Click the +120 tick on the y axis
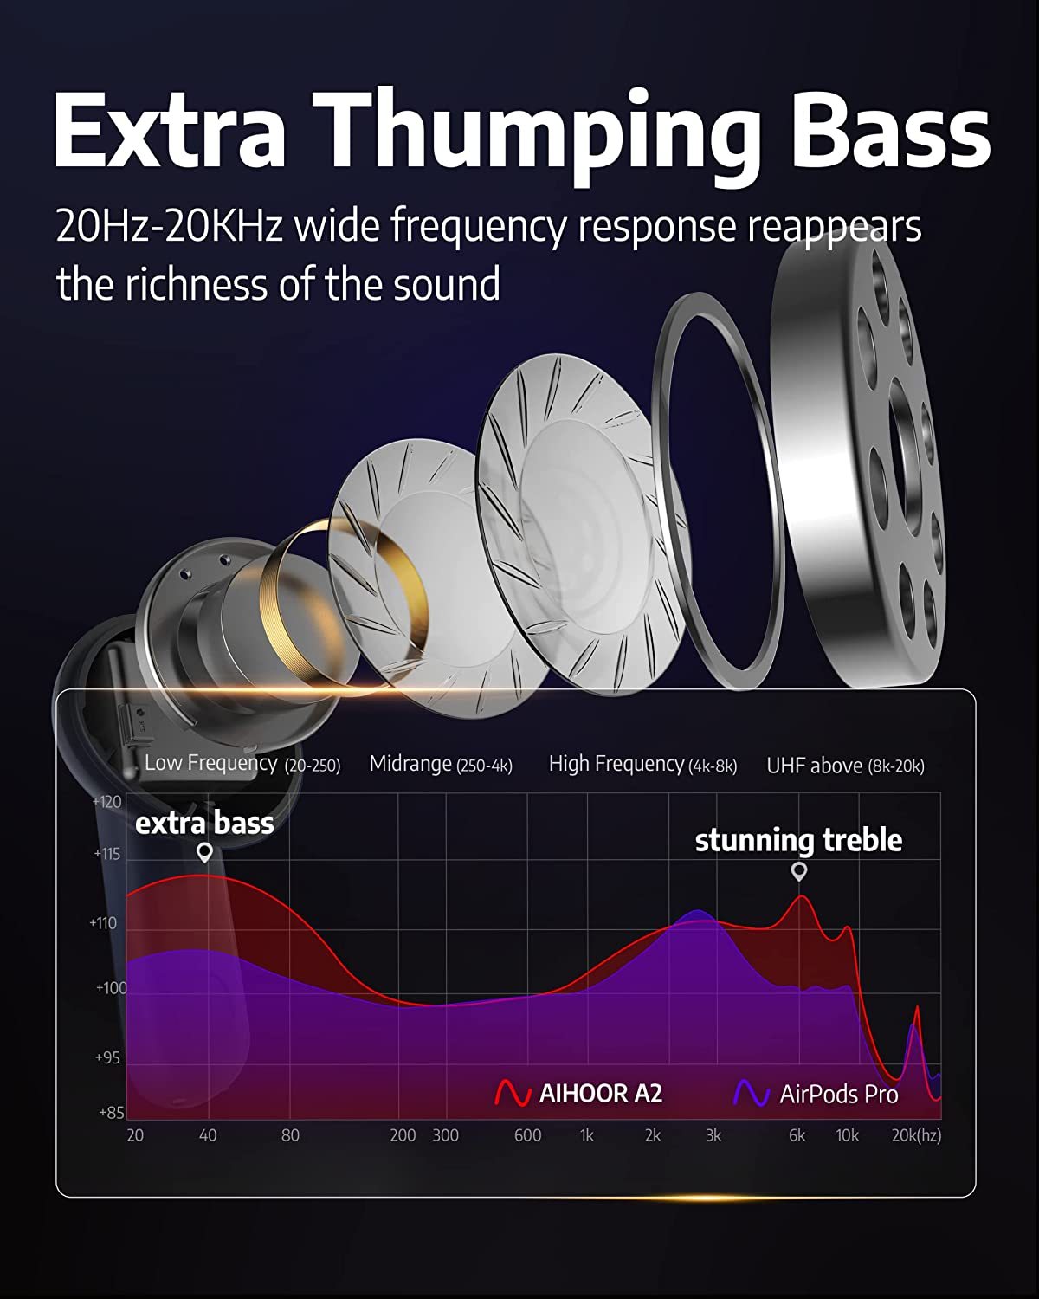(x=107, y=802)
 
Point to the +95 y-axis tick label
(x=108, y=1058)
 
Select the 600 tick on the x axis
(x=527, y=1135)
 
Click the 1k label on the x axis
(x=586, y=1135)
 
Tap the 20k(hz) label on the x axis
(x=916, y=1135)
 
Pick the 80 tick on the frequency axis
(x=290, y=1135)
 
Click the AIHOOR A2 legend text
(x=601, y=1094)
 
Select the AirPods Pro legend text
(x=839, y=1095)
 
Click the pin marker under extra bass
(x=205, y=852)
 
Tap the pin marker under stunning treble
(x=799, y=872)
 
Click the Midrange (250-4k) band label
(x=441, y=764)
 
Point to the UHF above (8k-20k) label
(x=845, y=766)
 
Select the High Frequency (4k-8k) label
(x=643, y=764)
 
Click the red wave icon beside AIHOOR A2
(x=513, y=1093)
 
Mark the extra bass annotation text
(x=204, y=824)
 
